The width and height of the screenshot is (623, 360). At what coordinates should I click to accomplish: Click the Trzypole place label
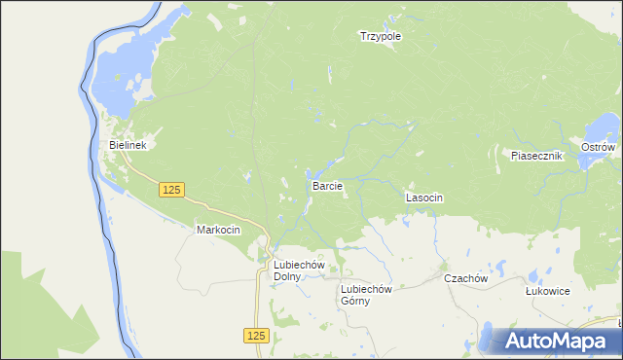pos(381,36)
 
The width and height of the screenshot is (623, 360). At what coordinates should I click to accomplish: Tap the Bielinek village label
pos(127,146)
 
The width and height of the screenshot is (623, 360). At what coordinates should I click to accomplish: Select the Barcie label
pos(326,185)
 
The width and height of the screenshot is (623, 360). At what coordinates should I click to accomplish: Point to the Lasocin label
pos(424,198)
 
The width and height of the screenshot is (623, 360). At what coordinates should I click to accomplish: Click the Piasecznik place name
pos(537,155)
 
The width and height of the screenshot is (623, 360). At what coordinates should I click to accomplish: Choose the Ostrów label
pos(598,147)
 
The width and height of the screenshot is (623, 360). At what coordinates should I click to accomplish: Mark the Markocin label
pos(218,230)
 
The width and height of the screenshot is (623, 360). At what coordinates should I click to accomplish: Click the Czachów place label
pos(464,278)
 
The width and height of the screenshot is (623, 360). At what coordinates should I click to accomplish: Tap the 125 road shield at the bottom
pos(255,335)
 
